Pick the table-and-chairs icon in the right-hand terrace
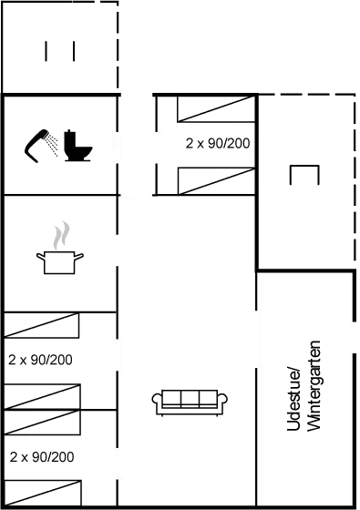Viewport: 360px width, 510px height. [x=303, y=175]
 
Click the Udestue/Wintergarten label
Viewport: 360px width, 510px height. [x=305, y=398]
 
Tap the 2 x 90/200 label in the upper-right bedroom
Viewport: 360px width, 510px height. [x=218, y=143]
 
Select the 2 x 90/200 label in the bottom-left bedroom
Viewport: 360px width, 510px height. [x=41, y=455]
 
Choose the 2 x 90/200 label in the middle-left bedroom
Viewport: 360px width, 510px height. [x=39, y=359]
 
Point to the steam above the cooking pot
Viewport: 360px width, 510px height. [x=60, y=235]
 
